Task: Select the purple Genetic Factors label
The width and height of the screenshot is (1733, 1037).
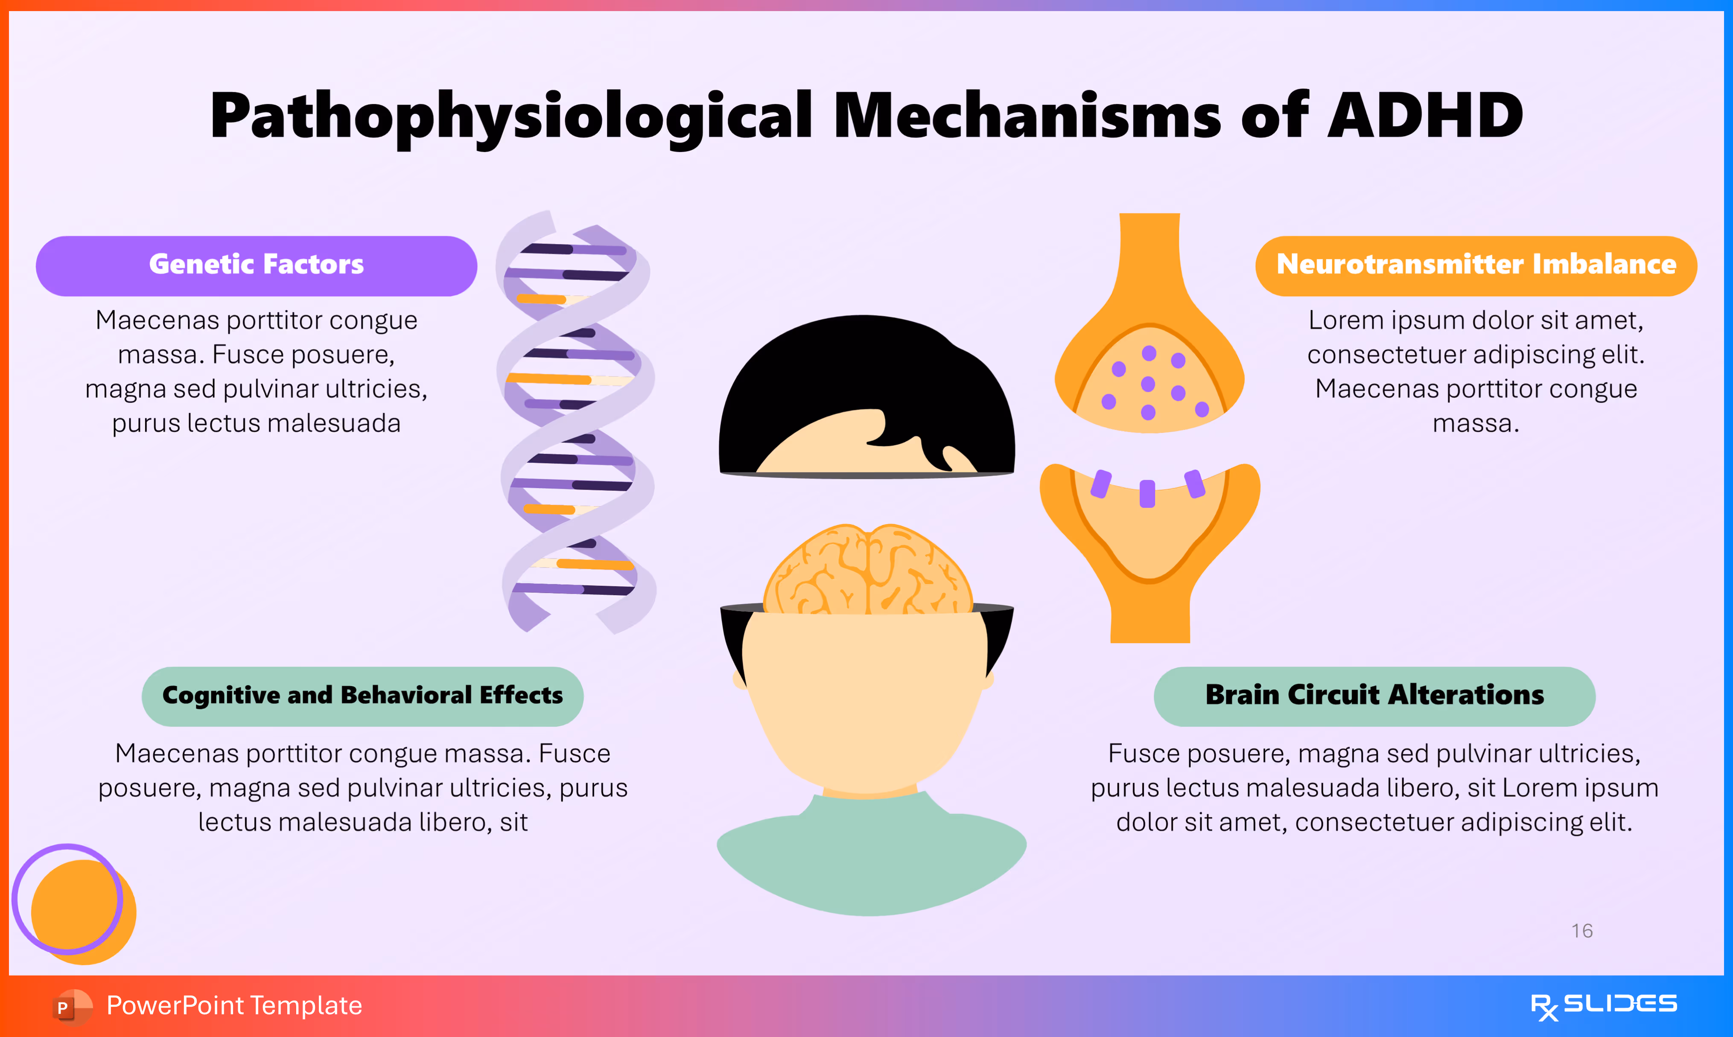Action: click(257, 265)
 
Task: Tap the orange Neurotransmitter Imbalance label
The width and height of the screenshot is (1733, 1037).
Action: click(1476, 265)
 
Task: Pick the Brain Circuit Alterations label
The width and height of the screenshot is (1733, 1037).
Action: click(1374, 696)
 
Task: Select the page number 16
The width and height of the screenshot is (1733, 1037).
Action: click(1581, 931)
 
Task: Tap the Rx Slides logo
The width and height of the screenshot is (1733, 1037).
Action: click(1603, 1006)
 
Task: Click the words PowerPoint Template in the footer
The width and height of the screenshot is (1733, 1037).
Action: click(234, 1006)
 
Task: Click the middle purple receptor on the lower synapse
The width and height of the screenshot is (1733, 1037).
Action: click(1147, 493)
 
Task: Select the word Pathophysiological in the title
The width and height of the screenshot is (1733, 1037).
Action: click(510, 115)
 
